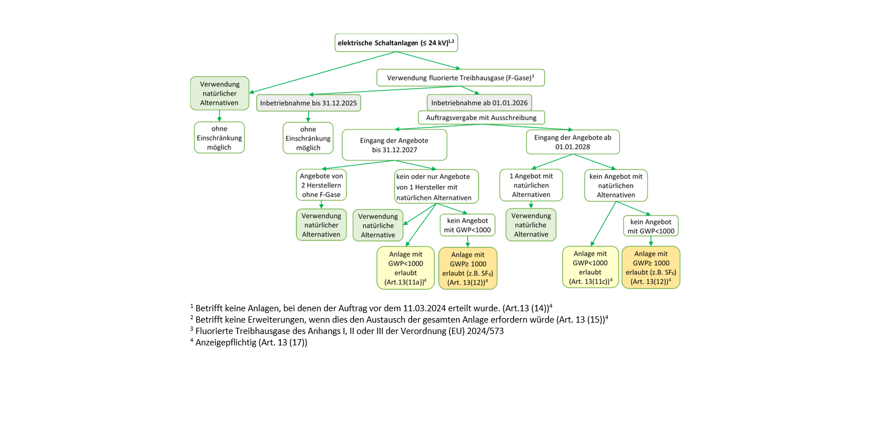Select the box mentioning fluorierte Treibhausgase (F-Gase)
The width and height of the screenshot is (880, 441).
(x=460, y=77)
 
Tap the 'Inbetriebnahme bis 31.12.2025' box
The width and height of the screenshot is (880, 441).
(x=309, y=103)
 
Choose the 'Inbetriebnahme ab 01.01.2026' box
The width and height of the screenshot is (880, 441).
(x=479, y=103)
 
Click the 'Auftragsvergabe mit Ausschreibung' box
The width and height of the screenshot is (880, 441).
(x=481, y=117)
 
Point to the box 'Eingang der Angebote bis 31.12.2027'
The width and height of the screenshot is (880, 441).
(x=394, y=145)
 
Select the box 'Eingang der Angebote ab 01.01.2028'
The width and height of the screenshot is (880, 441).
(x=572, y=142)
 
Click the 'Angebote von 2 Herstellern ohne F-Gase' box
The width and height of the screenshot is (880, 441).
(x=321, y=185)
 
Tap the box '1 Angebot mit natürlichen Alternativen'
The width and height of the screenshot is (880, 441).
(x=530, y=185)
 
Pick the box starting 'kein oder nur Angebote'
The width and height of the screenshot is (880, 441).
(x=436, y=186)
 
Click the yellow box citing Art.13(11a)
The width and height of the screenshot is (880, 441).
(x=405, y=267)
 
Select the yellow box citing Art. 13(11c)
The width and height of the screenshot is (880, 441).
(x=591, y=267)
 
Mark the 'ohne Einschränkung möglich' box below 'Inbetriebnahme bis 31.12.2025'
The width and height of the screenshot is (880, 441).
(x=308, y=138)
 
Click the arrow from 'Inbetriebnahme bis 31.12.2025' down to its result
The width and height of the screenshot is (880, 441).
(x=308, y=116)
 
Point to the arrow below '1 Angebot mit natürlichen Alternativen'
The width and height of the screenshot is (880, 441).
(x=531, y=205)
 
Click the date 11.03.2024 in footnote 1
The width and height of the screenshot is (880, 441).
(x=422, y=307)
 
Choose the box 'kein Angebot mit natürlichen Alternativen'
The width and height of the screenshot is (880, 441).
(x=616, y=186)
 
